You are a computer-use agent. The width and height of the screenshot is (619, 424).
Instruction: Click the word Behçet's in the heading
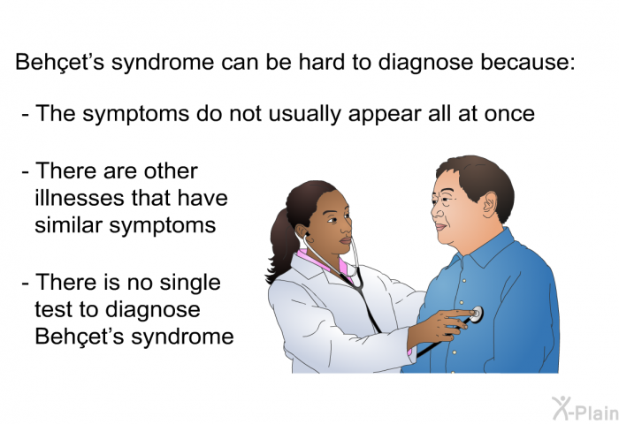(x=59, y=62)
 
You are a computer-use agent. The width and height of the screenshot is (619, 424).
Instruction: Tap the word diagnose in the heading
(x=425, y=63)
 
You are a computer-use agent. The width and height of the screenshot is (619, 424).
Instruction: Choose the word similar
(x=68, y=225)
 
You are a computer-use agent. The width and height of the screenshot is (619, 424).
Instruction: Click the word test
(x=53, y=309)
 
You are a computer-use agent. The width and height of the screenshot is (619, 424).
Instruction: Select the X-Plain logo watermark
(x=585, y=408)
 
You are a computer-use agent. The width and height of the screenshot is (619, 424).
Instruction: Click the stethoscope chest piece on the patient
(x=477, y=314)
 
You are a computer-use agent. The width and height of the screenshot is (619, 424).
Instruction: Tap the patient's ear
(x=490, y=204)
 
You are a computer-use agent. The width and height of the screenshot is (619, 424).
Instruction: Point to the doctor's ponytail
(x=282, y=246)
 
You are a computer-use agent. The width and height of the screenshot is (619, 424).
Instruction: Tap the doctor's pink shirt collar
(x=322, y=262)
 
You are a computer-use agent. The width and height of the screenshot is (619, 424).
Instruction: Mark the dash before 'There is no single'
(x=26, y=284)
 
